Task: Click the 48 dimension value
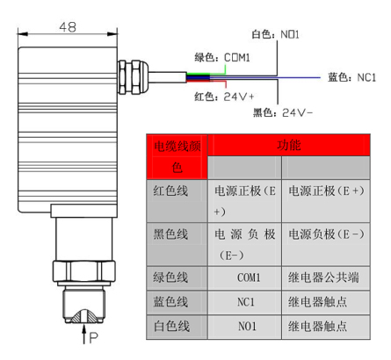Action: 68,27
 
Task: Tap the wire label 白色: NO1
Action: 275,34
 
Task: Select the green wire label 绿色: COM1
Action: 222,57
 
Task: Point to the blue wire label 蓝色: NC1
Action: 351,77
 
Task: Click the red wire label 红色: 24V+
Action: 224,97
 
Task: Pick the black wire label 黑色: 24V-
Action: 283,112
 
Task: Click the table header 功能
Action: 289,145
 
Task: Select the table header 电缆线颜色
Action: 177,157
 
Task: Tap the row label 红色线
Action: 170,191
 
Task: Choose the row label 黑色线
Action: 170,234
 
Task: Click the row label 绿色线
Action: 170,277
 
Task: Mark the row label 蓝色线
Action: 170,302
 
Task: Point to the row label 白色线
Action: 171,326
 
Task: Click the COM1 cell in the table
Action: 249,277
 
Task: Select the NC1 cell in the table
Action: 246,302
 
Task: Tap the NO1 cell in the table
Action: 247,326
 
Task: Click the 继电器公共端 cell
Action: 323,277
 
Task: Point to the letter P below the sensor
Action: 93,338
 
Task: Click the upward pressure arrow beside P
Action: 84,334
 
